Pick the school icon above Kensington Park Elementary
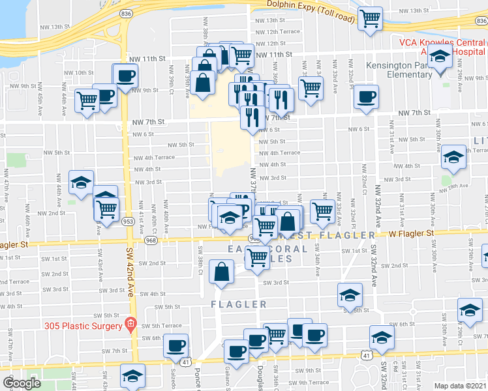click(x=442, y=57)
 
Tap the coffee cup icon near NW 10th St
click(x=125, y=74)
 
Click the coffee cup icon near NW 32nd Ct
click(x=366, y=96)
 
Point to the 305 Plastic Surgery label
click(x=83, y=325)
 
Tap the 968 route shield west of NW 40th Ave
click(x=151, y=240)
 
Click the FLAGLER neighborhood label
click(x=239, y=304)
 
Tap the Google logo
click(x=22, y=383)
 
